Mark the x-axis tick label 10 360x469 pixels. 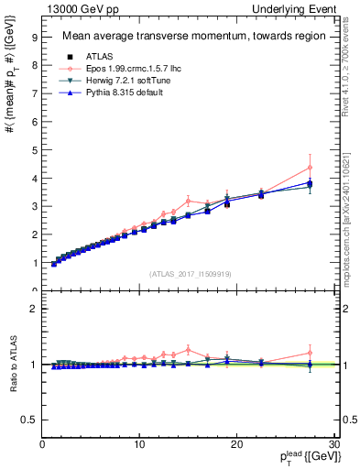(139, 444)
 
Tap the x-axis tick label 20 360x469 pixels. (236, 444)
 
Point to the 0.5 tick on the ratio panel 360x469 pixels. (30, 420)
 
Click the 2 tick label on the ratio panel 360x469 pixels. (34, 309)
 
